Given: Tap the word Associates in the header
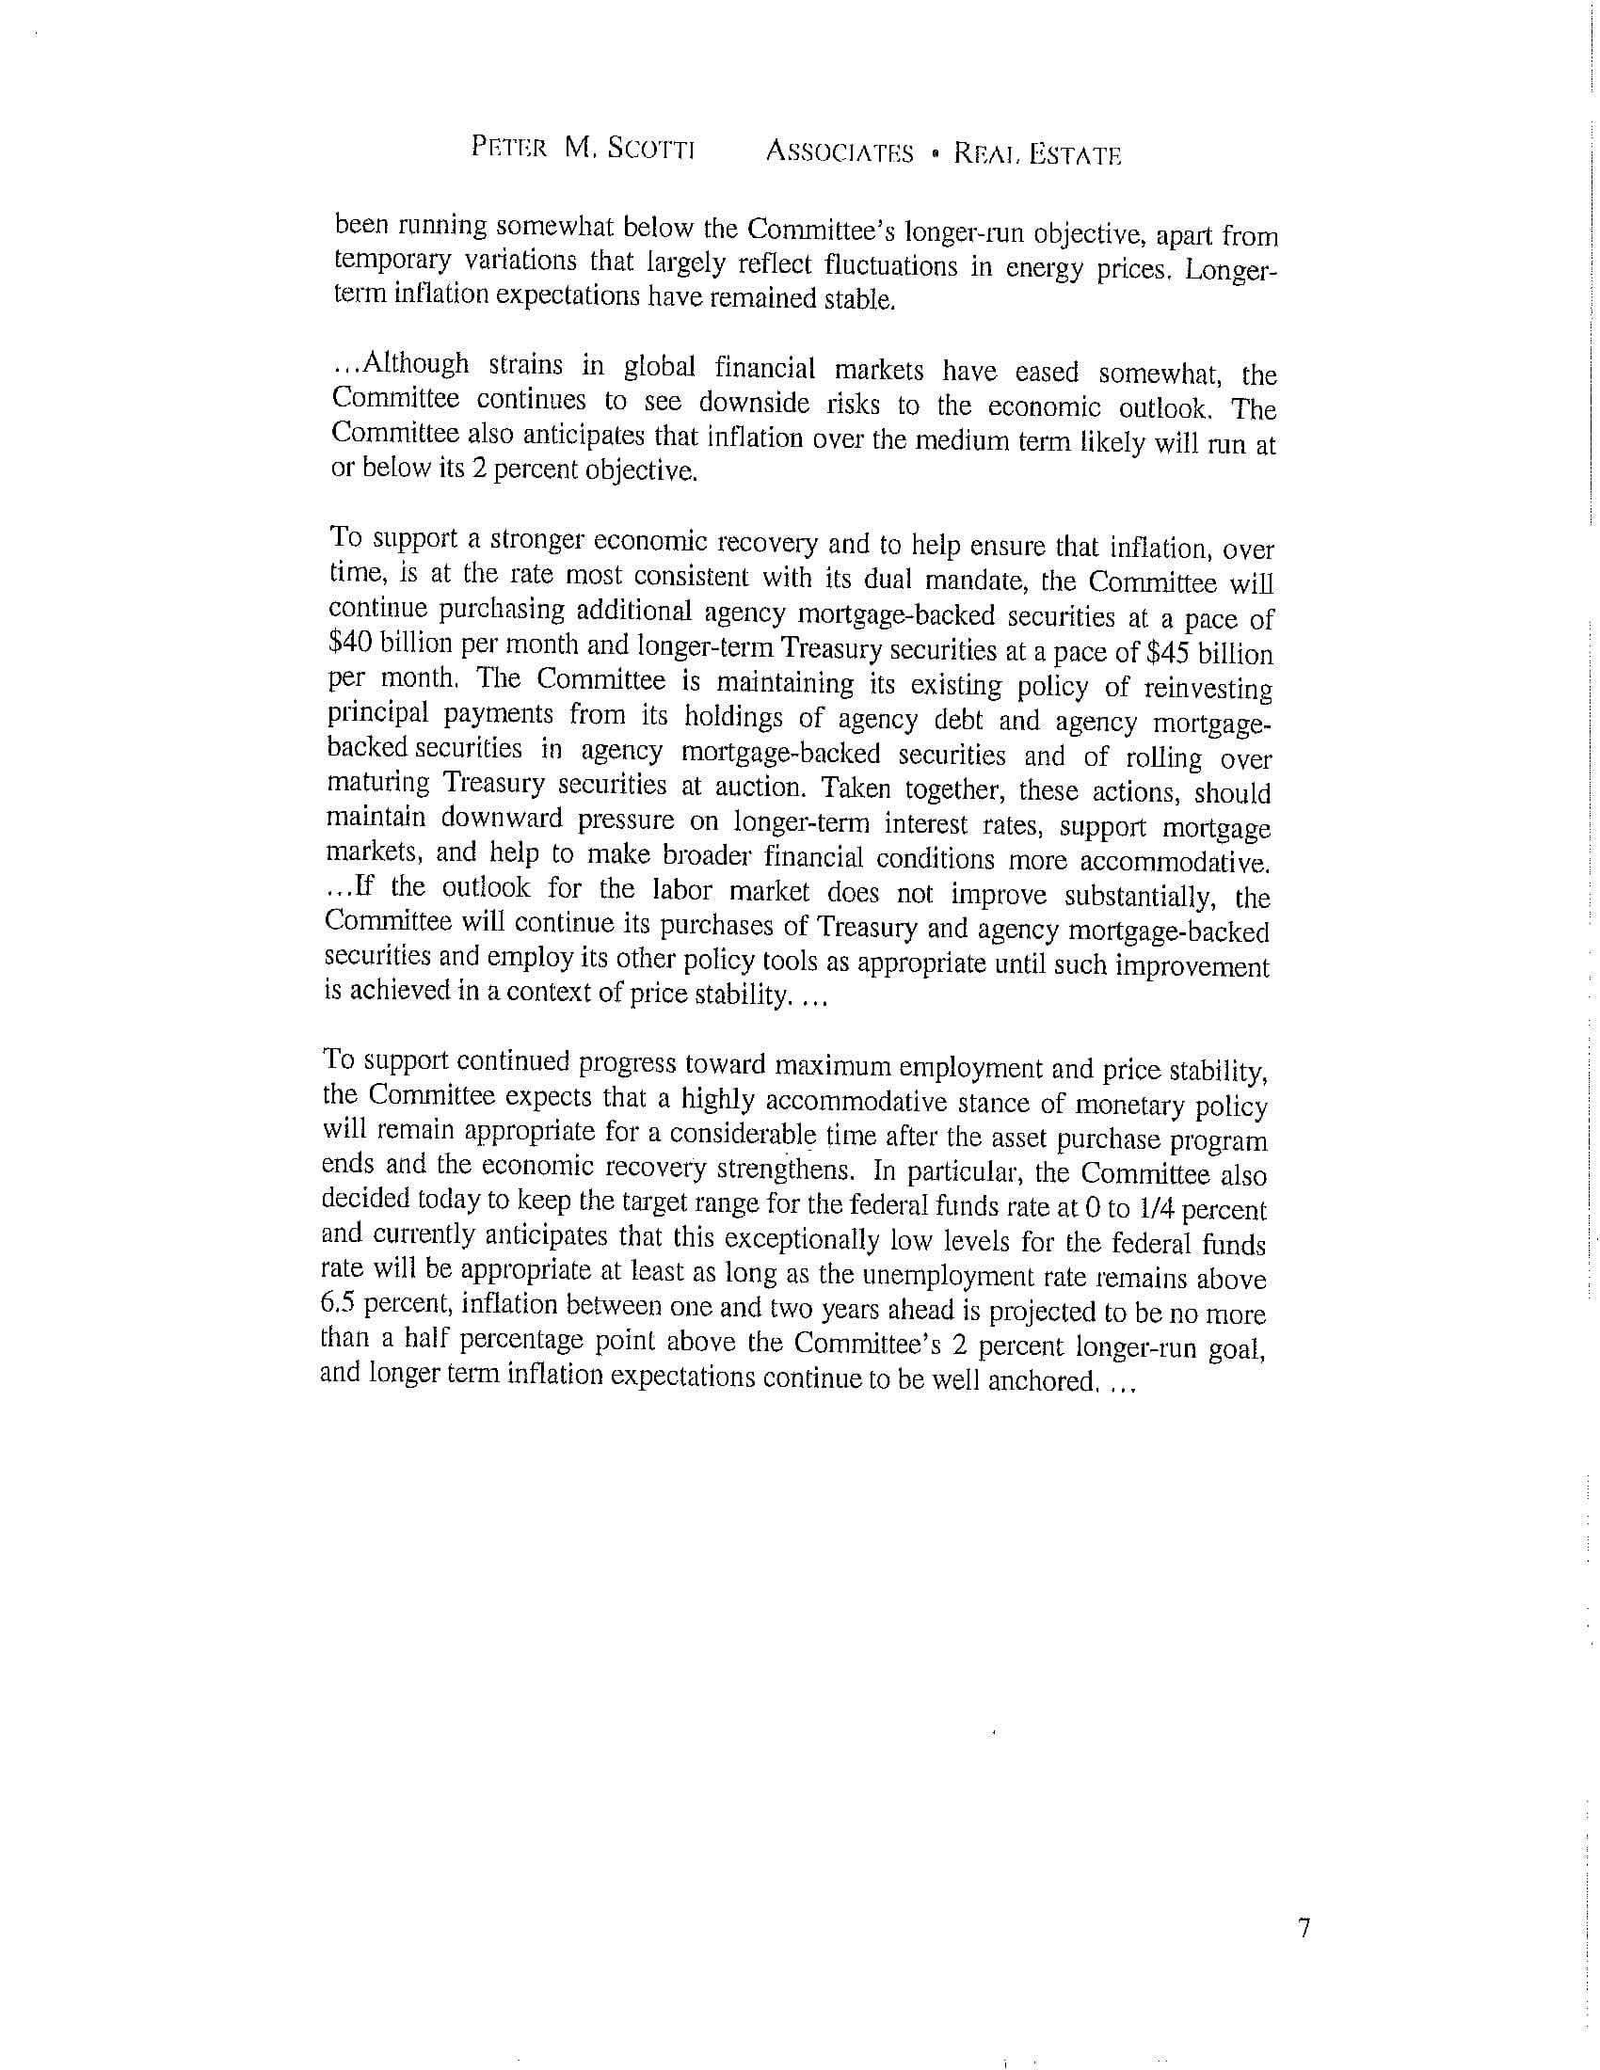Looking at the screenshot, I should tap(839, 151).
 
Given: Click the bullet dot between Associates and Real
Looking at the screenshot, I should tap(935, 152).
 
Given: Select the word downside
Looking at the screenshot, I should tap(754, 404).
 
